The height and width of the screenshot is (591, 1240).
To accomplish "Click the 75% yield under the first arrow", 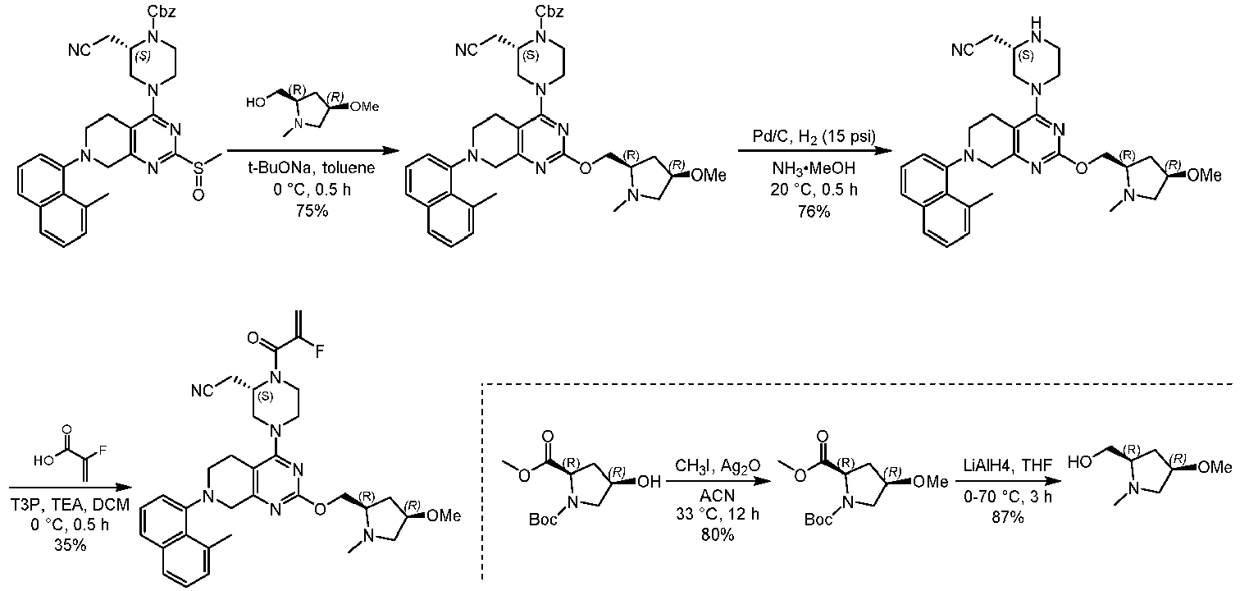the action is click(x=312, y=211).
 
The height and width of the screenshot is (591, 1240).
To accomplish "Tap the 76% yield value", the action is click(x=814, y=211).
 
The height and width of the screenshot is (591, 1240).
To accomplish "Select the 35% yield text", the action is click(x=71, y=545).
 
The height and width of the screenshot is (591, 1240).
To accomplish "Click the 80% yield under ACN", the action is click(x=718, y=535).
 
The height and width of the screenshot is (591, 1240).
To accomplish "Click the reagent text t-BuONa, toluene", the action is click(x=312, y=167).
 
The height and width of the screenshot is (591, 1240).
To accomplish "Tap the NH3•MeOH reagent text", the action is click(x=814, y=167).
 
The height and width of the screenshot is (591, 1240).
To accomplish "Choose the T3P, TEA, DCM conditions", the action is click(x=70, y=505).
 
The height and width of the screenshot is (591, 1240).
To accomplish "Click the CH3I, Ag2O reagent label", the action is click(x=718, y=466).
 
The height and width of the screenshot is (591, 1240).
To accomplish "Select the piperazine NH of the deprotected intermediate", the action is click(x=1037, y=30).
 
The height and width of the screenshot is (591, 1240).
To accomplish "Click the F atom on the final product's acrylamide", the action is click(x=319, y=352).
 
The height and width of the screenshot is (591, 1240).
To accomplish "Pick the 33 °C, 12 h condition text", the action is click(x=718, y=515).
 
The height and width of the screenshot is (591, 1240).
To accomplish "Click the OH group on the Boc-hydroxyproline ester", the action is click(x=650, y=482).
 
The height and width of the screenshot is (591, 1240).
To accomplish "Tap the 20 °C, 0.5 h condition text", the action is click(x=814, y=190).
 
